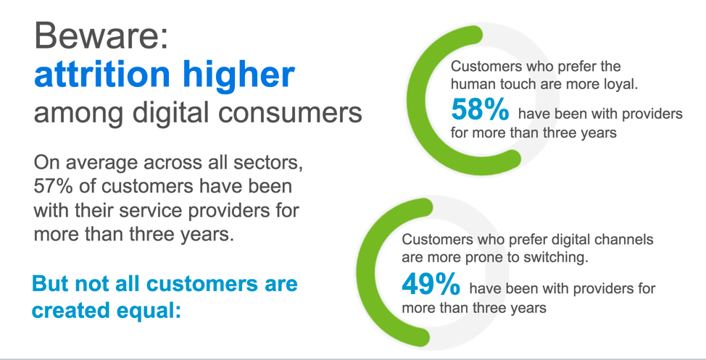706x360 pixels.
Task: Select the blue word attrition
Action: [102, 74]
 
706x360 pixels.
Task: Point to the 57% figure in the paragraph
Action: [53, 186]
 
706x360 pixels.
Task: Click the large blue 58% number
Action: [480, 109]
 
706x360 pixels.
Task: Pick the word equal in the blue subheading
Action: [159, 310]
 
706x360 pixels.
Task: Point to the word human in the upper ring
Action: [470, 84]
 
